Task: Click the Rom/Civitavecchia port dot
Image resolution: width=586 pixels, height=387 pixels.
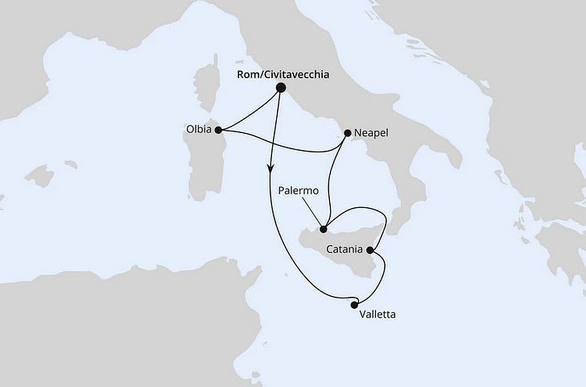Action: click(x=281, y=88)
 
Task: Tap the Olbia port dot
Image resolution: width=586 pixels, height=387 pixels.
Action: click(x=218, y=128)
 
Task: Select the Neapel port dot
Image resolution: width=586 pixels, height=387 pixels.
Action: click(x=347, y=132)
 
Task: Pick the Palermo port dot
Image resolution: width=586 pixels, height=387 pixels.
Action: click(x=324, y=228)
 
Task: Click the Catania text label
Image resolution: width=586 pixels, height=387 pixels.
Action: click(x=344, y=250)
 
